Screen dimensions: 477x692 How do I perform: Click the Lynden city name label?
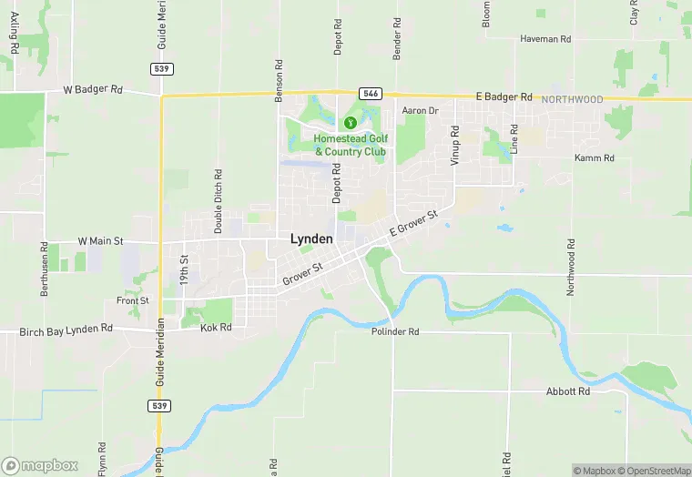tap(311, 238)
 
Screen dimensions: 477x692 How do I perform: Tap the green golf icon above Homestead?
tap(350, 123)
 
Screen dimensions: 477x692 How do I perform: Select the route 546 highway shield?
tap(370, 93)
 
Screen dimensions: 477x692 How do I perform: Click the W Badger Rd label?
tap(93, 90)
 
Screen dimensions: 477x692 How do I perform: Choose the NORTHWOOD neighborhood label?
tap(572, 98)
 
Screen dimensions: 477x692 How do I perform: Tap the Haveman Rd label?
tap(545, 39)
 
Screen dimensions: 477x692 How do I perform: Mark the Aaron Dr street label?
tap(421, 111)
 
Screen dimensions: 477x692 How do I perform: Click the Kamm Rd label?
tap(595, 158)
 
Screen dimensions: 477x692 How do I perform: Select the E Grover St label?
tap(414, 224)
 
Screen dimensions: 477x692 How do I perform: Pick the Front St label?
tap(132, 300)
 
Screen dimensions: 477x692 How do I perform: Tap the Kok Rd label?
tap(216, 327)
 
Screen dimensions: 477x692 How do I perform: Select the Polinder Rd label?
tap(395, 332)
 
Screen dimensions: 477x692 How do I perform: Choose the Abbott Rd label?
tap(568, 391)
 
